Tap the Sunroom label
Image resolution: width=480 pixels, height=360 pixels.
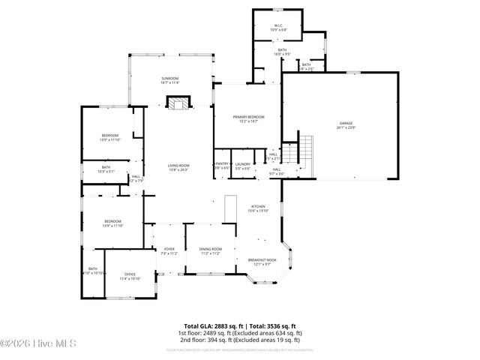(x=170, y=79)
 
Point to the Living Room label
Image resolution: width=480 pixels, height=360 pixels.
(x=178, y=166)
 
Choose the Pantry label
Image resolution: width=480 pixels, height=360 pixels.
(x=222, y=164)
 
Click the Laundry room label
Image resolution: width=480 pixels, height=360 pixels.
(x=242, y=164)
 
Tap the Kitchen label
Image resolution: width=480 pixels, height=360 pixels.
(x=258, y=207)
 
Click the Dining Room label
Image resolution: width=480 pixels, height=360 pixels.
(x=210, y=250)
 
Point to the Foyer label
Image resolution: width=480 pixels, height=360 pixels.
(x=168, y=250)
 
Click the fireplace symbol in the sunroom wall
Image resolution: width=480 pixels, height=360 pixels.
(x=178, y=104)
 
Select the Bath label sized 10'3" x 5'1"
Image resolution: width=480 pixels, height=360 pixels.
(x=106, y=168)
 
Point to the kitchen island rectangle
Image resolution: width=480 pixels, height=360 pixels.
(x=231, y=208)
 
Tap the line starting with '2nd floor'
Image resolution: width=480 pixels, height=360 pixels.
(x=240, y=338)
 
